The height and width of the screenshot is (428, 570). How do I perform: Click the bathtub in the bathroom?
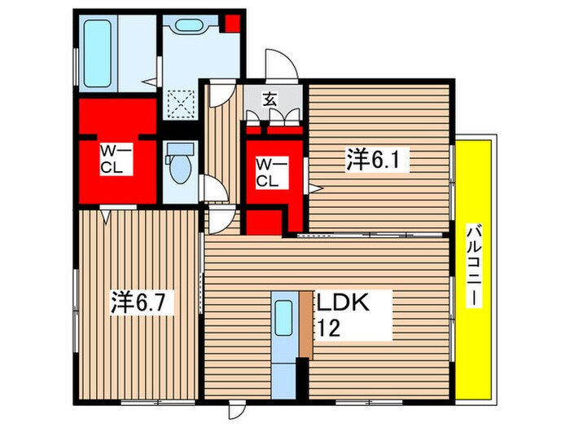coord(98,54)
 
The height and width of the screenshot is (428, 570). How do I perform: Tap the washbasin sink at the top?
coord(188,25)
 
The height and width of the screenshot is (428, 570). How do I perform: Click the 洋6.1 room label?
coord(377,160)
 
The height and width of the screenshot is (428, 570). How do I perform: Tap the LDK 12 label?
coord(343,315)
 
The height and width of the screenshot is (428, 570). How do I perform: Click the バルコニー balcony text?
coord(475,266)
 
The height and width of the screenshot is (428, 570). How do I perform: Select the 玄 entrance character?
coord(270,99)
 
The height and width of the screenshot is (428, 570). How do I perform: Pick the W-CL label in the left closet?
coord(116,159)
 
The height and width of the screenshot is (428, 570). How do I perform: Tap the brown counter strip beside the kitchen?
coord(306,324)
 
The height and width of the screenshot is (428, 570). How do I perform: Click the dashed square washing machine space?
coord(181,103)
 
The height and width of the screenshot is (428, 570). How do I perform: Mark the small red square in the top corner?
coord(232,23)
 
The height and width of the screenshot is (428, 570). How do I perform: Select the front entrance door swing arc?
coord(282,64)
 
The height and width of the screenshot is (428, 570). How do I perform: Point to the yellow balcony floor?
coord(474,270)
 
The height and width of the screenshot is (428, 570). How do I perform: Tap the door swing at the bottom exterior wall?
coord(237,409)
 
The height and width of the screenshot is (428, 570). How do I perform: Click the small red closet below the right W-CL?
coord(265,222)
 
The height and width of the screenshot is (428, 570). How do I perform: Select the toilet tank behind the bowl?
coord(180,149)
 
